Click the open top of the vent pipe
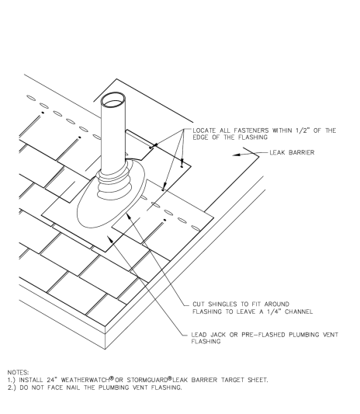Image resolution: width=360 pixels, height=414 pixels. click(113, 99)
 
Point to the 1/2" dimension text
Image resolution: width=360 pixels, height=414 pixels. click(303, 130)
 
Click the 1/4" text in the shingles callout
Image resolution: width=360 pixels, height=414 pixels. click(275, 311)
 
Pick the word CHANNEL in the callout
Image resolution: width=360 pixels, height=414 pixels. click(299, 311)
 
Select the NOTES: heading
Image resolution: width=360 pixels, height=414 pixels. click(18, 373)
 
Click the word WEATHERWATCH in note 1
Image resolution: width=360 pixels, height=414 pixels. click(85, 380)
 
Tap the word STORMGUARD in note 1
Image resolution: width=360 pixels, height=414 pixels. click(147, 380)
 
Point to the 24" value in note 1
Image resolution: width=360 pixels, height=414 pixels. click(52, 380)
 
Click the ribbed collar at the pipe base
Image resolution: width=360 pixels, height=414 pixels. click(115, 183)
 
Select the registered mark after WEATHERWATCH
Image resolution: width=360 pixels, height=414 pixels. click(112, 378)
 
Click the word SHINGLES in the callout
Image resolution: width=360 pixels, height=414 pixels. click(222, 304)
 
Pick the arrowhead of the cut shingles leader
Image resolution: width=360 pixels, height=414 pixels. click(129, 216)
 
